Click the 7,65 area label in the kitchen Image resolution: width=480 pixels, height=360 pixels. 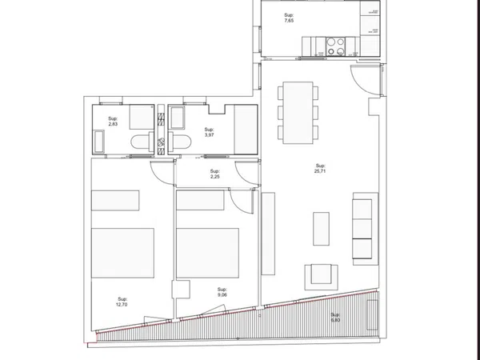(289, 18)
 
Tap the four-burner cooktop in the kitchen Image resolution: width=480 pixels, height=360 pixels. (335, 46)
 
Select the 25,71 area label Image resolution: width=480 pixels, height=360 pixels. (320, 168)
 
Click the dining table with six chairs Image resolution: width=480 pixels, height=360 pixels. (298, 113)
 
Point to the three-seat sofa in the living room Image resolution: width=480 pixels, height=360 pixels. (366, 229)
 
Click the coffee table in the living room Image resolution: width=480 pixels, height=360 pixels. (321, 229)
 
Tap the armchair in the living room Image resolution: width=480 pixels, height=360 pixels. (321, 277)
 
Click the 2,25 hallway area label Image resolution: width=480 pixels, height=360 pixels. (214, 174)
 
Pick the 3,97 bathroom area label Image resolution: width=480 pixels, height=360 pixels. (209, 132)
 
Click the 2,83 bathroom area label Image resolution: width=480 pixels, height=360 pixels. (113, 122)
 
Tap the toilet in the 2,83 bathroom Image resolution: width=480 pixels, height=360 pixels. (142, 142)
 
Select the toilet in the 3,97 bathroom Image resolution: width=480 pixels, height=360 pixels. (180, 142)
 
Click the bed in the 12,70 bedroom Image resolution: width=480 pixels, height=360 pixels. (122, 253)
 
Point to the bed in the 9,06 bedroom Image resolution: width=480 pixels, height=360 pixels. (207, 253)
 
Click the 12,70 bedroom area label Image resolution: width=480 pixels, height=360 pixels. (122, 302)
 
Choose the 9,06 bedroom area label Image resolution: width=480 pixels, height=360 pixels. (222, 292)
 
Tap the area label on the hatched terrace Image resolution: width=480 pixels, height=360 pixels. (335, 318)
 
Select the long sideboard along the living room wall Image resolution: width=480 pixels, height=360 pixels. (268, 234)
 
